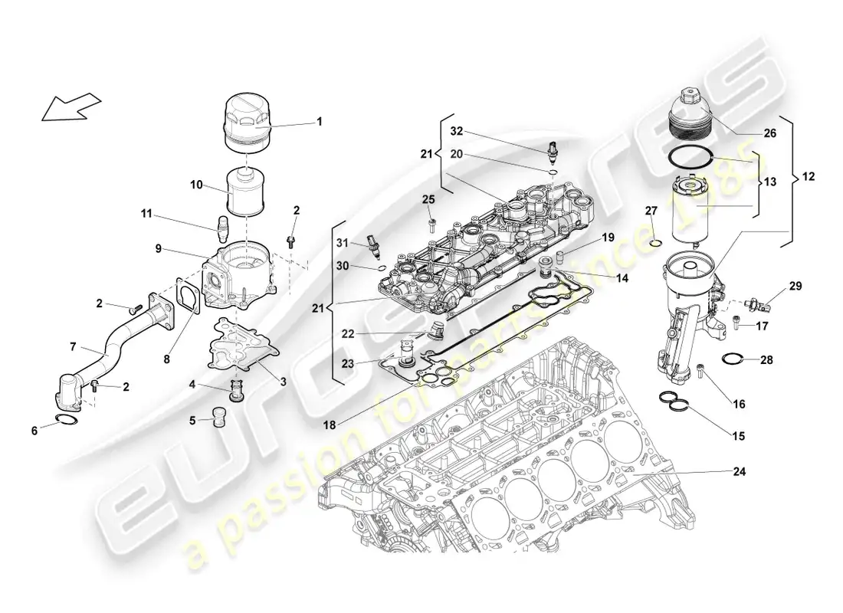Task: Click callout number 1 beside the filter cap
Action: coord(320,121)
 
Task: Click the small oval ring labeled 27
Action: coord(654,244)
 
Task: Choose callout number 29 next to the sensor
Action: coord(795,286)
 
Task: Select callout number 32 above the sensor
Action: coord(457,130)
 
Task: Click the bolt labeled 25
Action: coord(429,224)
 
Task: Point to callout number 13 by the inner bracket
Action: coord(769,183)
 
